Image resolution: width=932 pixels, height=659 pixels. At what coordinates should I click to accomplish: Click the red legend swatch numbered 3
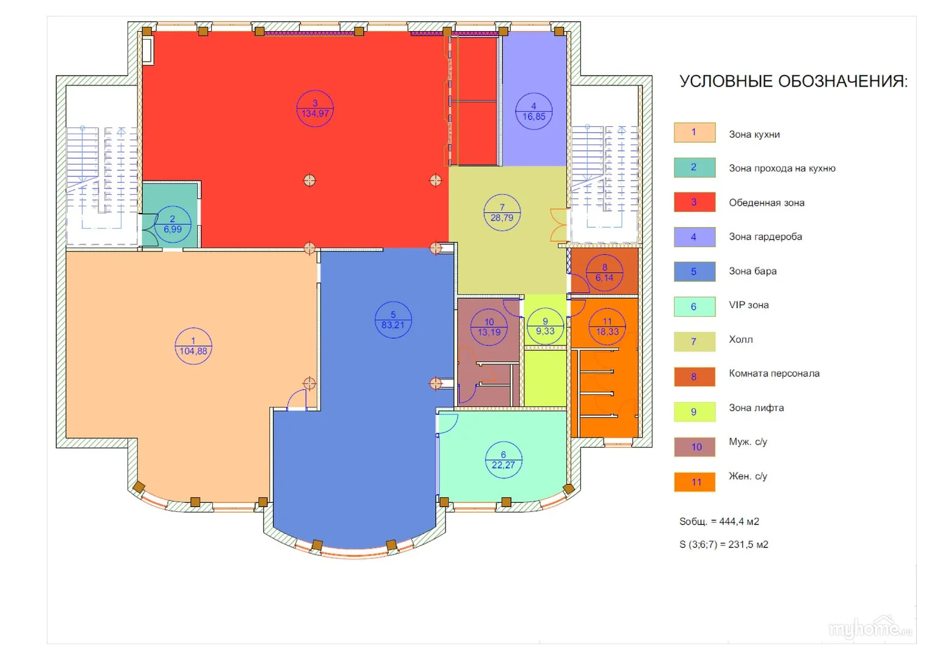click(x=695, y=202)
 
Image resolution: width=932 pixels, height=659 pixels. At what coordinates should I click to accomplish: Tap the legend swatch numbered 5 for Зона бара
click(x=695, y=272)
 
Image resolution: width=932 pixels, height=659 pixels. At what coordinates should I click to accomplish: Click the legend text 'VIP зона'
click(x=748, y=305)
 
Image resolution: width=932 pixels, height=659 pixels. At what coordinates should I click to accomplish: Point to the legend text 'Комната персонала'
click(x=774, y=373)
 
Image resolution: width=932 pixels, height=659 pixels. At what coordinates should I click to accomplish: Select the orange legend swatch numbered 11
click(x=695, y=482)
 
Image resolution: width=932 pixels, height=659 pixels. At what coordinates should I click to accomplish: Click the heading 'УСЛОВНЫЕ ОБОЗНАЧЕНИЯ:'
click(x=793, y=81)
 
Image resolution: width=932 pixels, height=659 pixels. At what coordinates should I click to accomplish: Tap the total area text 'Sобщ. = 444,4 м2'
click(x=719, y=521)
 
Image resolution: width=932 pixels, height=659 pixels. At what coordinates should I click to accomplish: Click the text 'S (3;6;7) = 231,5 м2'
click(x=723, y=544)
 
